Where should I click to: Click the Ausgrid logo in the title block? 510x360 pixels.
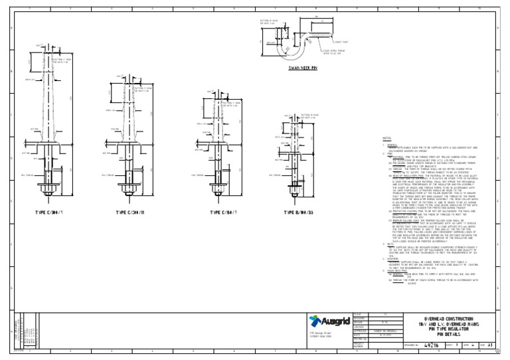329,321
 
